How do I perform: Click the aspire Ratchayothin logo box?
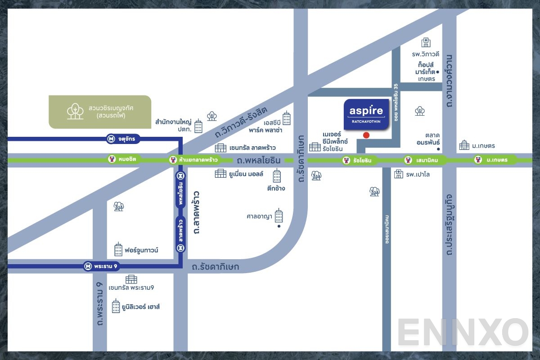click(x=366, y=114)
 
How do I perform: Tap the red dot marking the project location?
click(x=366, y=135)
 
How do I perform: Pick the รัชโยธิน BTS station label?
click(x=358, y=160)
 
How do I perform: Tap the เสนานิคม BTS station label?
click(x=419, y=160)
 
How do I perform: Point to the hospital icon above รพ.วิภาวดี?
click(x=425, y=43)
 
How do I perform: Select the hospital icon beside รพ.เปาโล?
click(x=398, y=174)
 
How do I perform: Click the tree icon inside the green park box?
click(x=75, y=111)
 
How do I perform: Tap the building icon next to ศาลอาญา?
click(x=279, y=216)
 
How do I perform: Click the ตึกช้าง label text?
click(x=276, y=188)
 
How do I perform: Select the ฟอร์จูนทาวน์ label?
click(x=141, y=250)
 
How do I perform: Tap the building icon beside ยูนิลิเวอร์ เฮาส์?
click(x=116, y=306)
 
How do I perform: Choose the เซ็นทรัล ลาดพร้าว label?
click(x=252, y=148)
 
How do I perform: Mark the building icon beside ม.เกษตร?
click(x=464, y=145)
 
